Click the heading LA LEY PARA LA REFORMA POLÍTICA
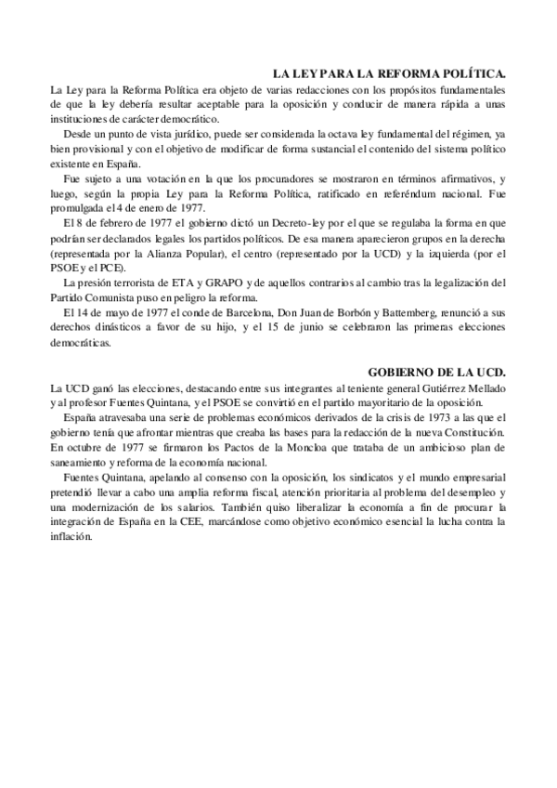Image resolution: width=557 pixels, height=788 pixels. tap(388, 72)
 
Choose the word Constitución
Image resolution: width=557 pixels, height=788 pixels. tap(475, 433)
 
